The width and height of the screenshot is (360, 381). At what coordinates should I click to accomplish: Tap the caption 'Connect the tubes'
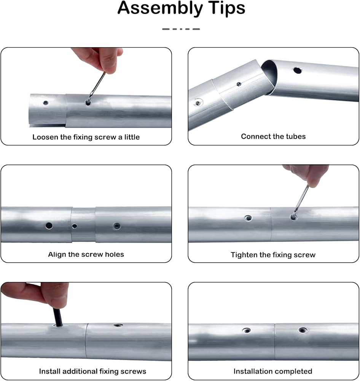coord(273,136)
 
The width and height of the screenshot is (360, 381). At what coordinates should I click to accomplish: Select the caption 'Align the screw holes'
coord(86,254)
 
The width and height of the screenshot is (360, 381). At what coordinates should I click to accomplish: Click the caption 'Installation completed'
coord(273,371)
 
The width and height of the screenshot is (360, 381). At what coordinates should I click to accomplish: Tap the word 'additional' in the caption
coord(80,371)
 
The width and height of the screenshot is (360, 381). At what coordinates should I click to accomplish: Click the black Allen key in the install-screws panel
coord(57,317)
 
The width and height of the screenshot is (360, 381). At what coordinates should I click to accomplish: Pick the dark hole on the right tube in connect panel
coord(297,70)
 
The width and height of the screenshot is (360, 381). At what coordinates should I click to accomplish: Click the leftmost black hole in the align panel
coord(49,226)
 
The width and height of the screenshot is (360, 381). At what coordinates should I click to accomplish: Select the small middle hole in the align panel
coord(75,226)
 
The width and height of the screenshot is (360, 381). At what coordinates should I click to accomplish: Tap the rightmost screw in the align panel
coord(117,226)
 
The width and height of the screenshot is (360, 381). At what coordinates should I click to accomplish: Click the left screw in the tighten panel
coord(248,218)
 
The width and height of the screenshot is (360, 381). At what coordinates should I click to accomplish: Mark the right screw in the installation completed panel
coord(302,330)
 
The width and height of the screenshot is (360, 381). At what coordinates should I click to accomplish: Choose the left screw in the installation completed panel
coord(247,330)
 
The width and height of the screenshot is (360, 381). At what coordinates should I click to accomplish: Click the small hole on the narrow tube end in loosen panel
coord(45,103)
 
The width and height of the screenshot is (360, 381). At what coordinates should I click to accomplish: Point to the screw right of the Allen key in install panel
coord(118,325)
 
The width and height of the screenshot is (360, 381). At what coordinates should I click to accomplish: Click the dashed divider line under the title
coord(181,29)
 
